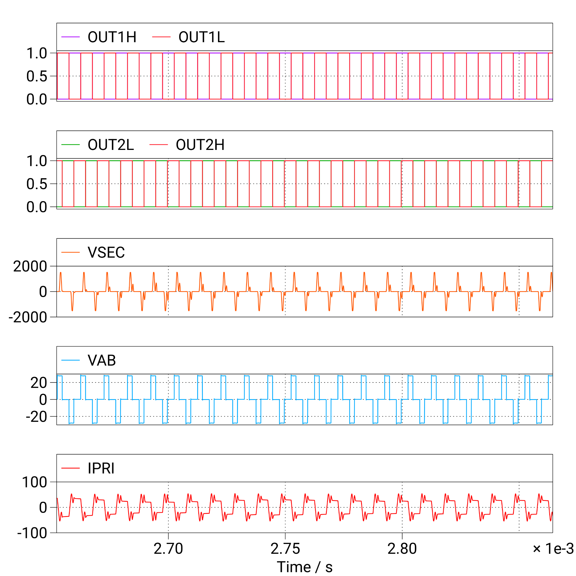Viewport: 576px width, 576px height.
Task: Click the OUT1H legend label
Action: [112, 37]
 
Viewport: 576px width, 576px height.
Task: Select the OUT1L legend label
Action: [202, 37]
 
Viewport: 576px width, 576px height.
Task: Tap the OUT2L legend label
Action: [111, 145]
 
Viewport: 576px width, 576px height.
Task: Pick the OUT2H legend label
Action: [200, 145]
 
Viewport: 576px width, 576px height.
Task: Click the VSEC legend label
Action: [106, 252]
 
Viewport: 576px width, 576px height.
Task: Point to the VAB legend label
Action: [102, 360]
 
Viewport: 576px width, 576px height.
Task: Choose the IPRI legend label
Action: [101, 468]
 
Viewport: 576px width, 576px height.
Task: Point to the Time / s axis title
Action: [304, 567]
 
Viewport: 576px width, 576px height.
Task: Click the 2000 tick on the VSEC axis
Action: [30, 266]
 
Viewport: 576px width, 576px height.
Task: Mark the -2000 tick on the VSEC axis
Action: [28, 317]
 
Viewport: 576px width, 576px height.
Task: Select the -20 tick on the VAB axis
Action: [36, 417]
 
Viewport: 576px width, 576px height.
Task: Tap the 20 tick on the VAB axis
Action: [39, 383]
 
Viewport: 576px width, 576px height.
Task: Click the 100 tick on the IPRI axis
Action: [35, 482]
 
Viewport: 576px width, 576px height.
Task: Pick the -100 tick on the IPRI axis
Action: [32, 533]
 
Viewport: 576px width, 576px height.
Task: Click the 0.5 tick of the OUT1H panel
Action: [37, 76]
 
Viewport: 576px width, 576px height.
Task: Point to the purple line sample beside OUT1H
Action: [70, 37]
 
